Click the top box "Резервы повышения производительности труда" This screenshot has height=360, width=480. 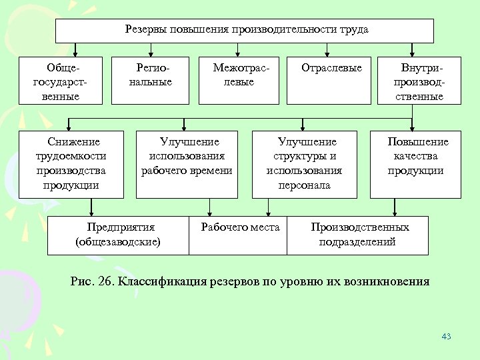tap(244, 31)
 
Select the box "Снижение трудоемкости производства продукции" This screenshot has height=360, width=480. tap(71, 163)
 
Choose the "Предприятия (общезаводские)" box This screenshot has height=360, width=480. tap(117, 235)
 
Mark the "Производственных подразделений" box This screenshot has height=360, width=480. tap(358, 235)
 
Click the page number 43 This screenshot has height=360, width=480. tap(446, 337)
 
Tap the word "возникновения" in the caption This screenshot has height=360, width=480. tap(387, 281)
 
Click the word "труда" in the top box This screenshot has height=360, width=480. tap(353, 30)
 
